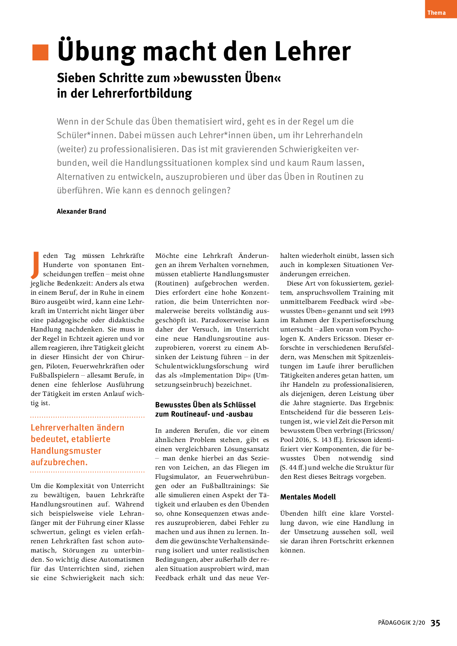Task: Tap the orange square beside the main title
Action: click(41, 52)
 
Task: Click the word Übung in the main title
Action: click(96, 52)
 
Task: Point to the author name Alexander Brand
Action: click(81, 211)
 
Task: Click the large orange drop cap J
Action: click(35, 265)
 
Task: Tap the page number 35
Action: click(435, 623)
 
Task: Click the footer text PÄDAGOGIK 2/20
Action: click(401, 623)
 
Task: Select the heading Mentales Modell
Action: click(308, 497)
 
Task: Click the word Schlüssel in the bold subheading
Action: click(240, 405)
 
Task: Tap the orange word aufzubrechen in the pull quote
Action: click(59, 462)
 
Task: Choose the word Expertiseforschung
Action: click(363, 320)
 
